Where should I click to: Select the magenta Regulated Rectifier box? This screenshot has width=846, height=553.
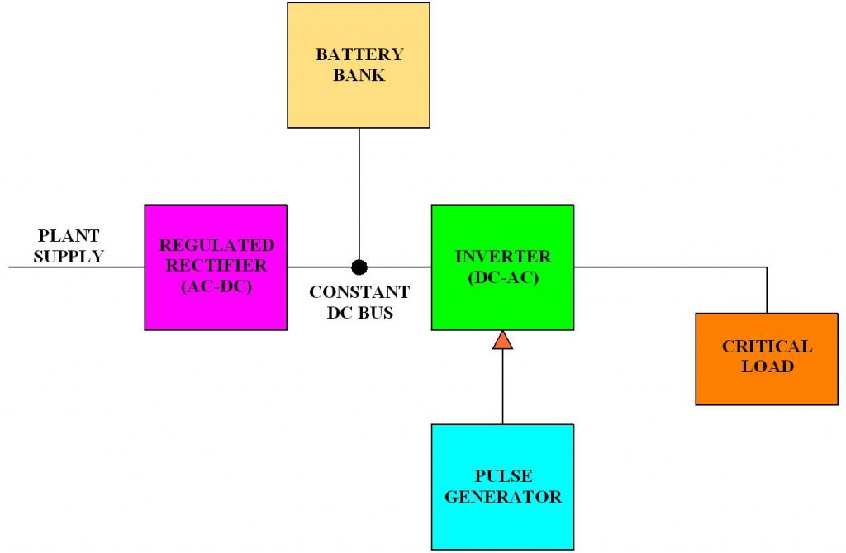click(215, 301)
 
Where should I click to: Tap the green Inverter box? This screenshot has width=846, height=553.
click(502, 301)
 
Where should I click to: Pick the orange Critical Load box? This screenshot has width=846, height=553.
click(767, 384)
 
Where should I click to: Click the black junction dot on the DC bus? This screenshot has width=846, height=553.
click(359, 267)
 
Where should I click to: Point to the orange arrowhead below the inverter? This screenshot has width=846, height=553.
click(502, 339)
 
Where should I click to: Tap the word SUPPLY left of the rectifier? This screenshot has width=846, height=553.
click(69, 256)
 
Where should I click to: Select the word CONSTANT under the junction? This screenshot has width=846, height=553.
click(359, 292)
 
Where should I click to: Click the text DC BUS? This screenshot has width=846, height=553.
click(359, 313)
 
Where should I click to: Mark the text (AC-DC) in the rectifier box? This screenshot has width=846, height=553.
click(216, 286)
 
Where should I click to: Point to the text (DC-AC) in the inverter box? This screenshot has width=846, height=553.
click(502, 277)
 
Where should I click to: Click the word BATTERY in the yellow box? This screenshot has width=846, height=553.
click(359, 55)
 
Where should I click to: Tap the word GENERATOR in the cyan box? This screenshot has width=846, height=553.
click(502, 497)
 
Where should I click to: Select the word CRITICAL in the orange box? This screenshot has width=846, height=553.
click(767, 346)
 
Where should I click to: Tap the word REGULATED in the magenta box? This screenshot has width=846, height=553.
click(216, 245)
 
